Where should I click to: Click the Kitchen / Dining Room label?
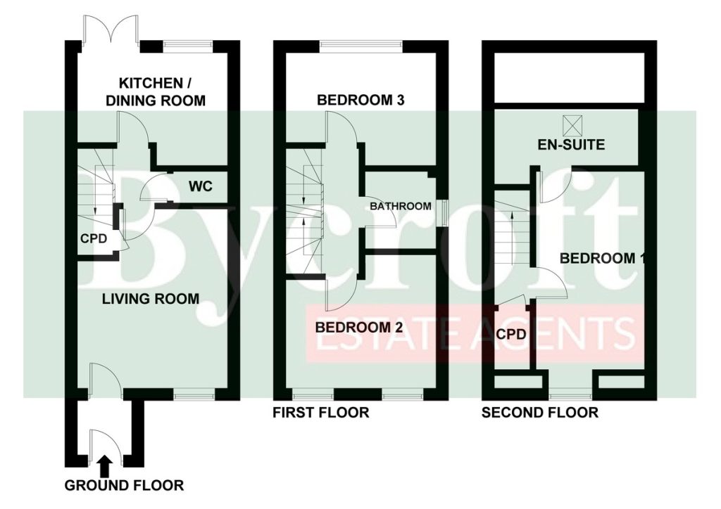[x=156, y=92]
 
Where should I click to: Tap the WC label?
[x=201, y=186]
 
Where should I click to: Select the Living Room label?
[x=151, y=299]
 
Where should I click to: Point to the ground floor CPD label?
[x=94, y=238]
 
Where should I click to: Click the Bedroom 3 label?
[x=360, y=100]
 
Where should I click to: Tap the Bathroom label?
[x=401, y=206]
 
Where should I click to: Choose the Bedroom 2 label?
[x=358, y=327]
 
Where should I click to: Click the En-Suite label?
[x=571, y=145]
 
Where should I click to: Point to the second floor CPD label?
[x=511, y=334]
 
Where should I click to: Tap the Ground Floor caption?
[x=124, y=485]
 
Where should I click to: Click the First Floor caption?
[x=321, y=413]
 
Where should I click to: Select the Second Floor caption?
[x=540, y=413]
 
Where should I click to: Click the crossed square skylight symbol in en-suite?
[x=571, y=124]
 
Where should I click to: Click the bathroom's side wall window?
[x=444, y=213]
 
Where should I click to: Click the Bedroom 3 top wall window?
[x=361, y=45]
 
